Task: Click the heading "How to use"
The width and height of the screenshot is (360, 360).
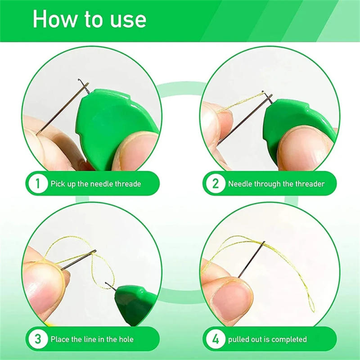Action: coord(90,20)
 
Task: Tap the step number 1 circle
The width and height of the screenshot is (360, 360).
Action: coord(37,184)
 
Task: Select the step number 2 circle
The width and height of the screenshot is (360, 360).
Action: coord(215,184)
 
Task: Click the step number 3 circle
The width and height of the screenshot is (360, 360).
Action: coord(37,339)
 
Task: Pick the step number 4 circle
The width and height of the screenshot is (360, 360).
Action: coord(215,339)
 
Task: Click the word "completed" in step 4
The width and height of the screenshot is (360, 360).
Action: coord(289,339)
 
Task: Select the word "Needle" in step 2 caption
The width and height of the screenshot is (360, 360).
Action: coord(239,184)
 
